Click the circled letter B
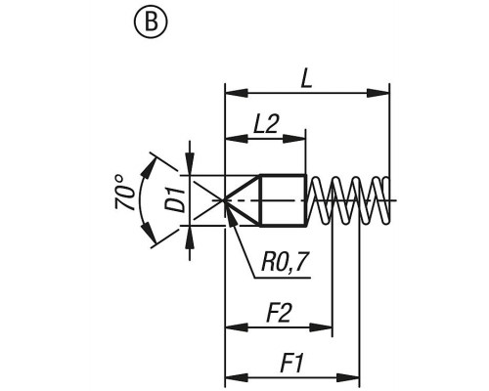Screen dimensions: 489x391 pos(151,22)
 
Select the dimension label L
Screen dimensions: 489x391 pos(306,79)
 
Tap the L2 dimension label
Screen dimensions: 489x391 pos(266,124)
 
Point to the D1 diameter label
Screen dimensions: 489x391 pos(178,200)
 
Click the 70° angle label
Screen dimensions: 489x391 pos(124,193)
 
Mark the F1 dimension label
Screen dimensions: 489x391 pos(292,364)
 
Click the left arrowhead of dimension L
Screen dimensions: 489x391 pos(237,93)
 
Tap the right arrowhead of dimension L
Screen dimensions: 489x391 pos(378,93)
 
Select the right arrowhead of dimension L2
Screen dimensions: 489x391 pos(294,139)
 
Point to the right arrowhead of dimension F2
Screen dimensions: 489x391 pos(321,327)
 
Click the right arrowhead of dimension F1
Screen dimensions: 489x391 pos(348,378)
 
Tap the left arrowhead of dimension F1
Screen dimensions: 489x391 pos(237,378)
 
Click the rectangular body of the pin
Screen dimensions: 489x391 pos(283,200)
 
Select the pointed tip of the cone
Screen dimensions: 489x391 pos(224,200)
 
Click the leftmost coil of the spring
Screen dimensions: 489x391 pos(320,200)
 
